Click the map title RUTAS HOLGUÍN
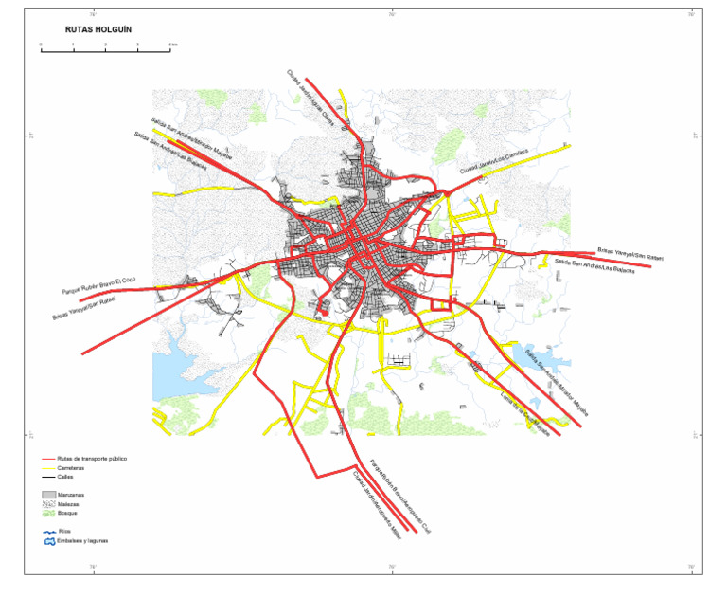pyautogui.click(x=98, y=29)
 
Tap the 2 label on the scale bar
pyautogui.click(x=105, y=45)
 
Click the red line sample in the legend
pyautogui.click(x=49, y=459)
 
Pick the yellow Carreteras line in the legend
pyautogui.click(x=49, y=468)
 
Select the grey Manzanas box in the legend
pyautogui.click(x=49, y=495)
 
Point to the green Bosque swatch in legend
pyautogui.click(x=49, y=513)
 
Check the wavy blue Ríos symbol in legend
pyautogui.click(x=49, y=532)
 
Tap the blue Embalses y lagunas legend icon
pyautogui.click(x=49, y=541)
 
